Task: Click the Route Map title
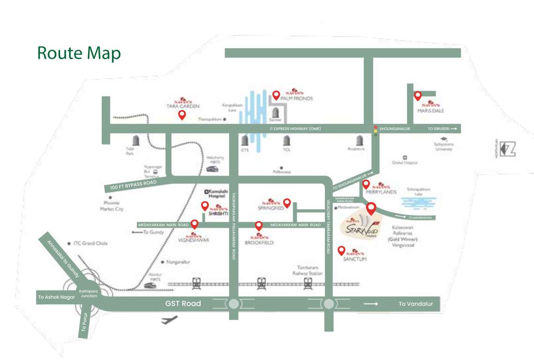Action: [x=79, y=53]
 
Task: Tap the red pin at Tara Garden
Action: [x=182, y=115]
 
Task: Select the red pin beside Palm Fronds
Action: [x=276, y=96]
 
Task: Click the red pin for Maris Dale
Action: [x=417, y=96]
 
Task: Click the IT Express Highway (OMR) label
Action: [x=295, y=128]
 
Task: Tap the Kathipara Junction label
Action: [x=88, y=293]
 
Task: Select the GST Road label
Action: [x=183, y=304]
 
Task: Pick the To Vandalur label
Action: [x=415, y=304]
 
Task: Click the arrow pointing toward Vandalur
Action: [x=371, y=304]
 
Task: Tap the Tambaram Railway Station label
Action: [x=308, y=270]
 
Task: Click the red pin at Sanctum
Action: [x=341, y=251]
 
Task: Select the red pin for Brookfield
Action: [x=258, y=226]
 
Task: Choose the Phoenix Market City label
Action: [x=112, y=206]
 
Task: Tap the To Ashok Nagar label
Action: [x=57, y=297]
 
